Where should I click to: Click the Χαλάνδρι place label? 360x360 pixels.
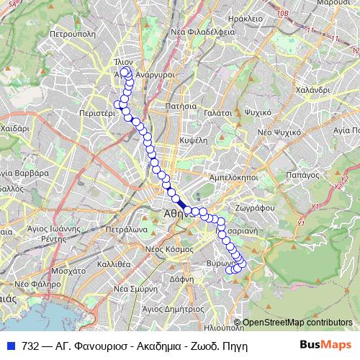point(311,90)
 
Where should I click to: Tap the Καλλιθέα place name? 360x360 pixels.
point(114,264)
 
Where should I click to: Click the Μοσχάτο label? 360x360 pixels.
point(70,272)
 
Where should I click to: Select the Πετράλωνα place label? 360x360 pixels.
point(127,231)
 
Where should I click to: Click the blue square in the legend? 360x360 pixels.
point(11,345)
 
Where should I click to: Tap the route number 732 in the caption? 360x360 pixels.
point(30,345)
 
